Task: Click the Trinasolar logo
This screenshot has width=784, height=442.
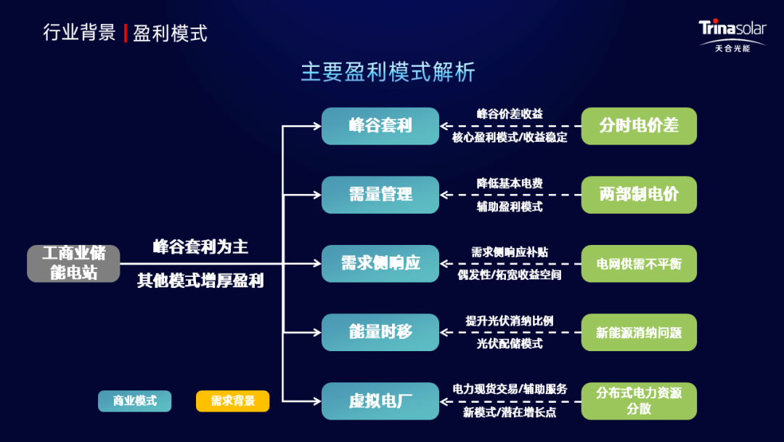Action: click(x=732, y=35)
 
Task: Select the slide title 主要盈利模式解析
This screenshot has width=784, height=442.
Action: click(x=388, y=72)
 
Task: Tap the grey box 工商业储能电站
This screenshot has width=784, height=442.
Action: click(x=73, y=263)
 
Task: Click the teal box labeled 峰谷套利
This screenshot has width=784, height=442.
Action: click(x=380, y=126)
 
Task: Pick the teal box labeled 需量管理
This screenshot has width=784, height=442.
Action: click(x=380, y=195)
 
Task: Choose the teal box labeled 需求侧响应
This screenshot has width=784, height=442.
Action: click(x=380, y=263)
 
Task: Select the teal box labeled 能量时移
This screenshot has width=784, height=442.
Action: click(x=380, y=332)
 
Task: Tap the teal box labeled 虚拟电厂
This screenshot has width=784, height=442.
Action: click(x=380, y=401)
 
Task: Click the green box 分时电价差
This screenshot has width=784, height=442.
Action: click(x=639, y=126)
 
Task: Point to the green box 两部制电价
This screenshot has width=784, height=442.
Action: click(x=639, y=195)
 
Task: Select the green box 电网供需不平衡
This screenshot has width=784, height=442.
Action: click(x=639, y=263)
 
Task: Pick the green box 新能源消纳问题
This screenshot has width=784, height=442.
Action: click(x=639, y=332)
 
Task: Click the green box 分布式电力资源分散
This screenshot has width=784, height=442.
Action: click(x=639, y=401)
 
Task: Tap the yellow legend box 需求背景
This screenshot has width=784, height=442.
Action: click(x=232, y=401)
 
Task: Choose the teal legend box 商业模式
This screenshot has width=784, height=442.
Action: click(x=134, y=401)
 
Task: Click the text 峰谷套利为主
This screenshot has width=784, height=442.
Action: click(x=200, y=246)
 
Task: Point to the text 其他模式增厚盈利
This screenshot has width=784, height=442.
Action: click(x=200, y=281)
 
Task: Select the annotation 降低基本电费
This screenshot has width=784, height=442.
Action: click(x=510, y=183)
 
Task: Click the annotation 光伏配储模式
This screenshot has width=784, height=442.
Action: click(x=510, y=343)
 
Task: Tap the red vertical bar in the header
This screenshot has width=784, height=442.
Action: click(x=125, y=33)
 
